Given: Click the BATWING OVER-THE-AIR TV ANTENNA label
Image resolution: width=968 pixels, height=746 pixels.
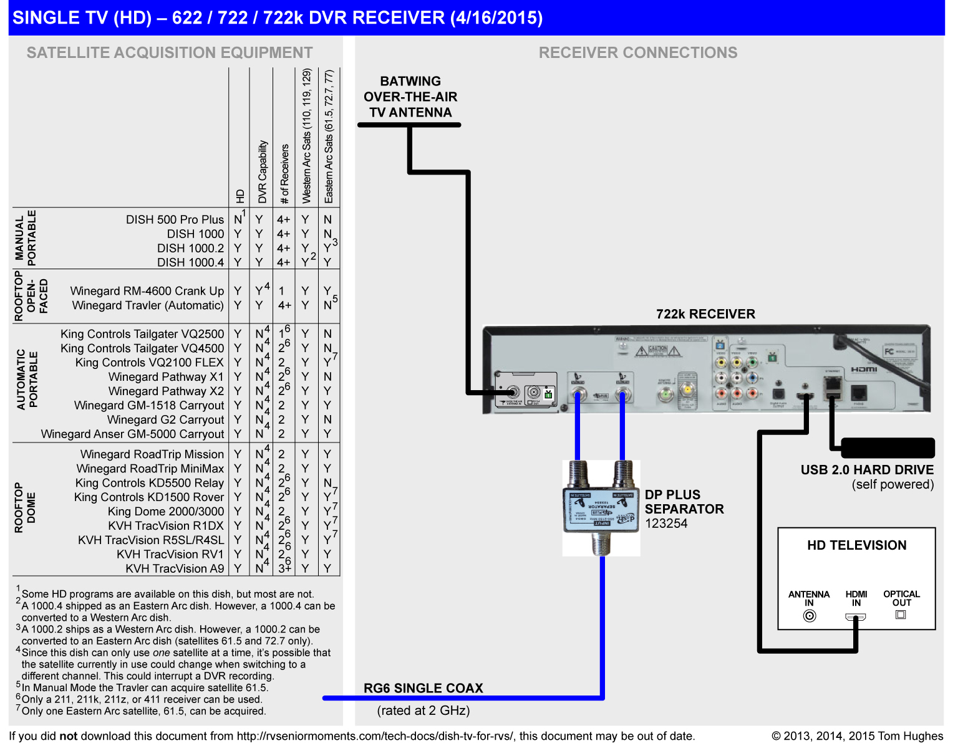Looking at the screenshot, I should point(410,97).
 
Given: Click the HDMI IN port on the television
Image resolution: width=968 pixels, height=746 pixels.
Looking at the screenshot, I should point(855,617).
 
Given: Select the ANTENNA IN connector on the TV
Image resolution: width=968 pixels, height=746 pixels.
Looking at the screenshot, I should point(809,616).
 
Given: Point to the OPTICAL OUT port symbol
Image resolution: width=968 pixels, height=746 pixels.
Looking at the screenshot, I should point(900,614).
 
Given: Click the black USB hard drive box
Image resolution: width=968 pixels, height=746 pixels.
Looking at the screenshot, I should point(887,447).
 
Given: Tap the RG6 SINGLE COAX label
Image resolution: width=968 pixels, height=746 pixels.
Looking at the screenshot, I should point(423,688).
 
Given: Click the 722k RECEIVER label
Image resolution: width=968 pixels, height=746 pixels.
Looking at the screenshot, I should point(705,314).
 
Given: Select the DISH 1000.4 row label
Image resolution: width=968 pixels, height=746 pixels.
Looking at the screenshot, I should point(190,262).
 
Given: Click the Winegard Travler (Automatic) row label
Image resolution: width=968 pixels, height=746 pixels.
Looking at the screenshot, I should point(148,305).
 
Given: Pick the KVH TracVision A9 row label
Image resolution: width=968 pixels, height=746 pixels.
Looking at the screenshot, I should point(175,568).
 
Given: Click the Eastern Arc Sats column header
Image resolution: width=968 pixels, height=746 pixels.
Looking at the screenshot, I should point(329,137).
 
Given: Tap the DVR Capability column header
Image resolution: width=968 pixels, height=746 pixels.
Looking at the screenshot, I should point(263,171).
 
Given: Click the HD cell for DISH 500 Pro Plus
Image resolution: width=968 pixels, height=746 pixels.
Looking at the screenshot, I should point(238,219).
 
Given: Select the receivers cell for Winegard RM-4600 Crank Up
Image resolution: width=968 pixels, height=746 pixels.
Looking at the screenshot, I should point(282,291).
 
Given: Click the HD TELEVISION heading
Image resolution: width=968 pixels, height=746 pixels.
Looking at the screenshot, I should point(856,545).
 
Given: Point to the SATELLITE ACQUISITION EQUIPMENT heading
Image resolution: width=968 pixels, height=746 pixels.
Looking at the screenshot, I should point(170,53).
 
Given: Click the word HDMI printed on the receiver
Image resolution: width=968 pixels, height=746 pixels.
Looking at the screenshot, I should point(864,370).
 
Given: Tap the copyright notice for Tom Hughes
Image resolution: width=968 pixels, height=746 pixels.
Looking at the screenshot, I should point(857,736).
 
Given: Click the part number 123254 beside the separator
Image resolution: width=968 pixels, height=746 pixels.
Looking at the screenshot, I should point(666,524).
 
